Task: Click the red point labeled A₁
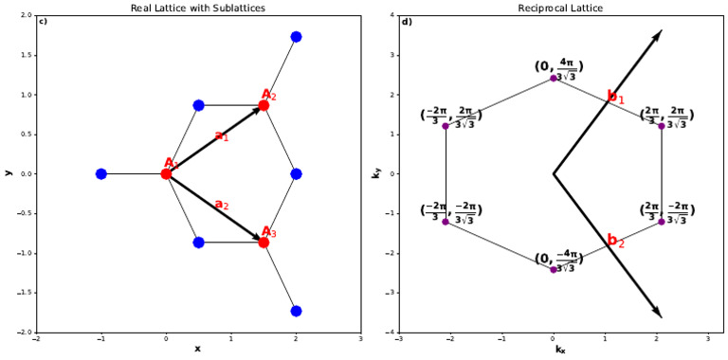(x=166, y=173)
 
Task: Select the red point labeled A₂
(x=264, y=105)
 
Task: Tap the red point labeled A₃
(x=264, y=243)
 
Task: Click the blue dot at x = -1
(x=101, y=173)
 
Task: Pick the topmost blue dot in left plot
(x=296, y=37)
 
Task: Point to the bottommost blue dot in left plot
(x=296, y=311)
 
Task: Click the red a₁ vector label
(x=221, y=136)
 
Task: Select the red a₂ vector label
(x=221, y=205)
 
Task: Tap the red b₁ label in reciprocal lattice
(x=616, y=97)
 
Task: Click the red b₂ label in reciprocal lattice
(x=616, y=242)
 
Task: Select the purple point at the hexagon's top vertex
(x=554, y=78)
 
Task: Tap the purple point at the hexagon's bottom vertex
(x=554, y=269)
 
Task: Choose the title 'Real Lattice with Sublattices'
(x=198, y=8)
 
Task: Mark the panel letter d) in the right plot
(x=407, y=22)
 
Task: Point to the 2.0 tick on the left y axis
(x=26, y=16)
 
